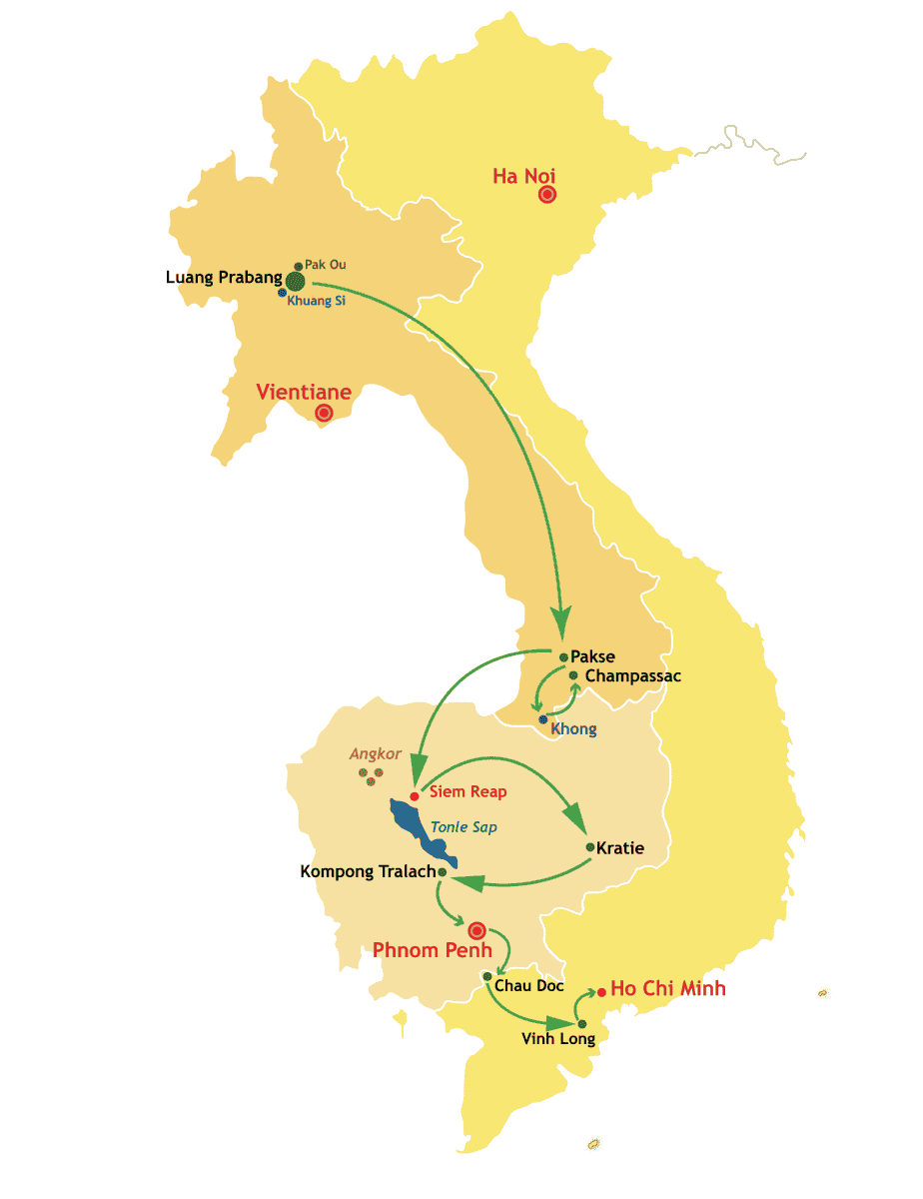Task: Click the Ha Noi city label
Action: tap(524, 176)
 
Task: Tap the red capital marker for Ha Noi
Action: tap(546, 195)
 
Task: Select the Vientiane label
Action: tap(304, 392)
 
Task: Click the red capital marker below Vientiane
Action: tap(324, 413)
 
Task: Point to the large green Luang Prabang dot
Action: tap(295, 281)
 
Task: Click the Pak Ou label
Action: tap(326, 265)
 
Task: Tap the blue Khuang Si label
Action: tap(316, 301)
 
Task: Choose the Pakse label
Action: tap(592, 656)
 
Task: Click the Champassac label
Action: tap(633, 676)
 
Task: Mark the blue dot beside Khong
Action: tap(543, 719)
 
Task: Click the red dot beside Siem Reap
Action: tap(414, 796)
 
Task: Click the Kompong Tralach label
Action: tap(368, 872)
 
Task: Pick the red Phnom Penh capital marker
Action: tap(476, 930)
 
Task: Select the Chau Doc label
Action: tap(529, 986)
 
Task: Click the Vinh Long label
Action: tap(558, 1039)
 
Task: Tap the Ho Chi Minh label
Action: tap(668, 989)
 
